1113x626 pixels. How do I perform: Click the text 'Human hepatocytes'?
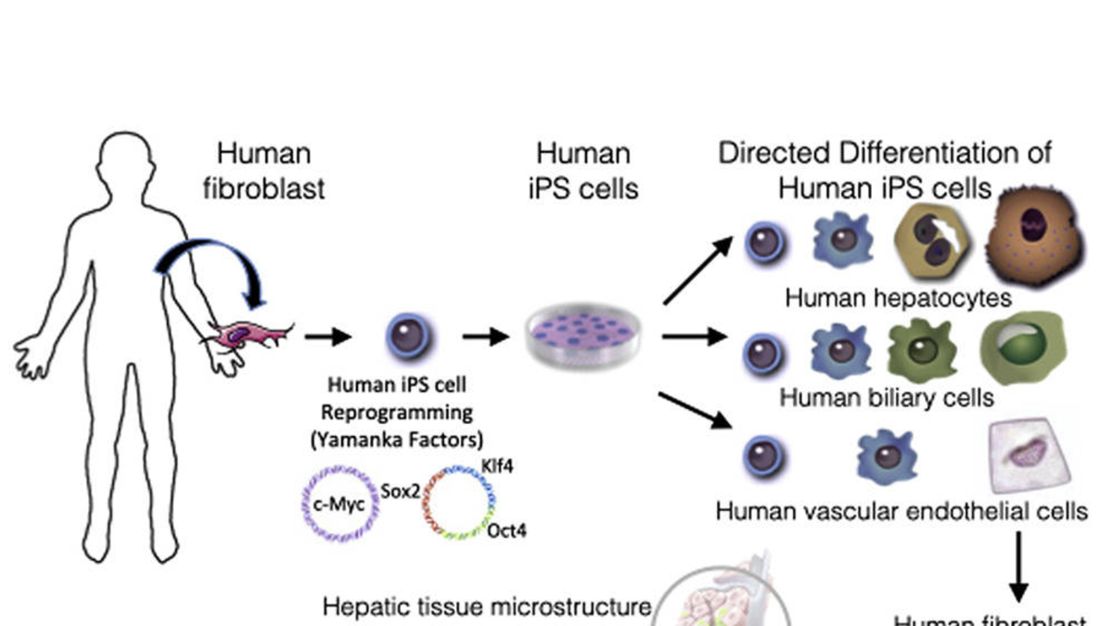point(897,298)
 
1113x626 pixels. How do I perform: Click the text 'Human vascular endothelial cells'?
point(902,511)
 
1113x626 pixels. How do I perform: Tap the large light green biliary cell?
point(1023,350)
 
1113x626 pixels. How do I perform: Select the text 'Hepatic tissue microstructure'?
point(487,607)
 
